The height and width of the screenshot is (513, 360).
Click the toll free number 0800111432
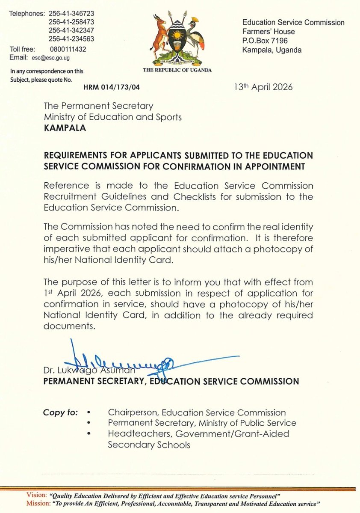(x=69, y=49)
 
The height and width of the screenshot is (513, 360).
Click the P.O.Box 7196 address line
(x=265, y=41)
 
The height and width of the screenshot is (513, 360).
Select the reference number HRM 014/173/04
(x=112, y=87)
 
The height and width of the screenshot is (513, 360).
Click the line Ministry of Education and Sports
(x=113, y=117)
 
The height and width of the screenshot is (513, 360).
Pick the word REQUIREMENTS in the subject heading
(x=77, y=155)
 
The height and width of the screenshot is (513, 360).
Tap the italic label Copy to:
(x=60, y=413)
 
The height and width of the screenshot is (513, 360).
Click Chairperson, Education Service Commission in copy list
(x=197, y=413)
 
